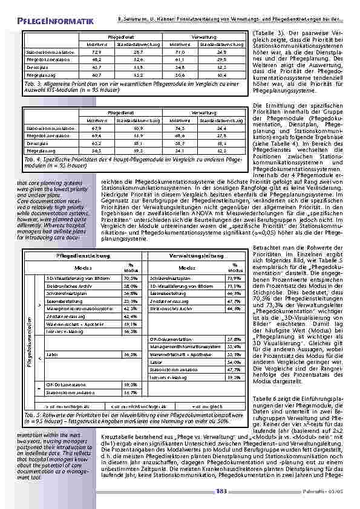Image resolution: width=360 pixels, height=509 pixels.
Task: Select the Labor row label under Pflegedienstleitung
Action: [x=52, y=354]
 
